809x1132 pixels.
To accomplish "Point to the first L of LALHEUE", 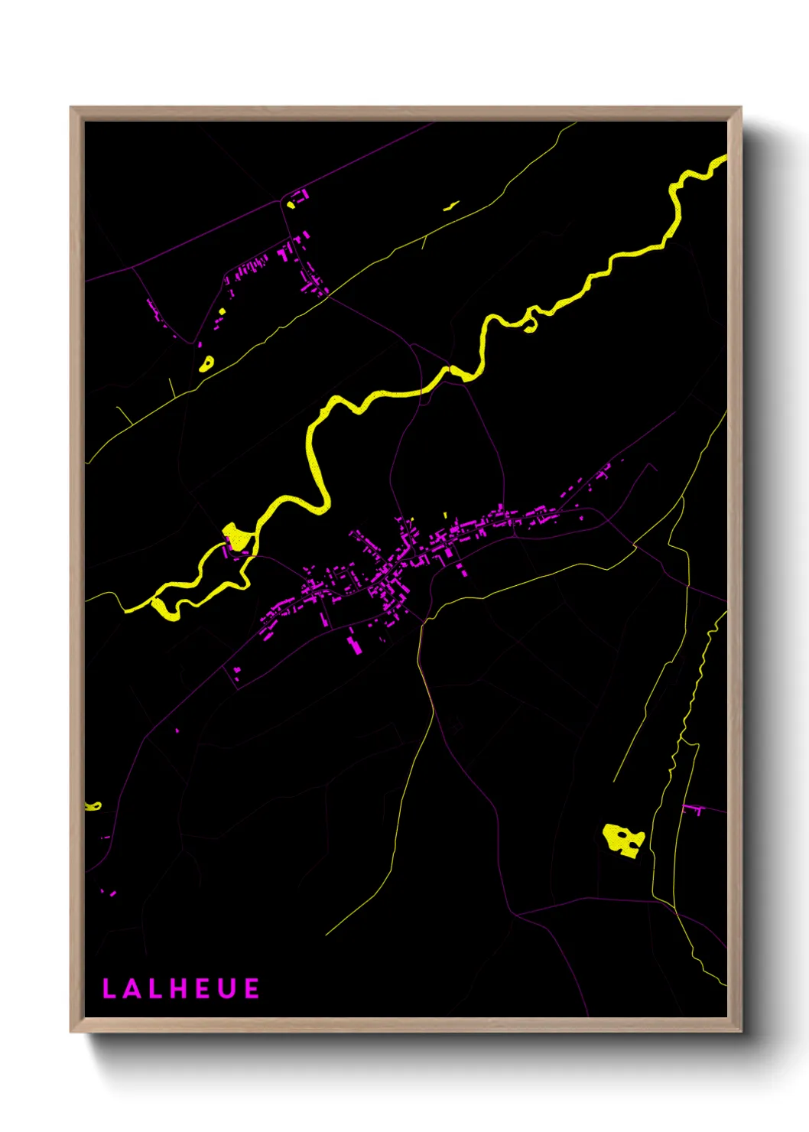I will (x=109, y=989).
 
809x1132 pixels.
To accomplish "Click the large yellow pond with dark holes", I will (x=621, y=840).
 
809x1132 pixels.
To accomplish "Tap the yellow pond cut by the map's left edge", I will (x=93, y=805).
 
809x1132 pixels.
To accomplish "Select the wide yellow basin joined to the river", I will (x=237, y=535).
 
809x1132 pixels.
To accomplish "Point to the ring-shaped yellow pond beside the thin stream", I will (x=206, y=364).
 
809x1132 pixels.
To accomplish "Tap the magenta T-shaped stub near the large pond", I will (x=695, y=809).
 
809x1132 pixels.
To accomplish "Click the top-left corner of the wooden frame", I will (x=71, y=108).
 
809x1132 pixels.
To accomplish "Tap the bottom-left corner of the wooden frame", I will (x=71, y=1031).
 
